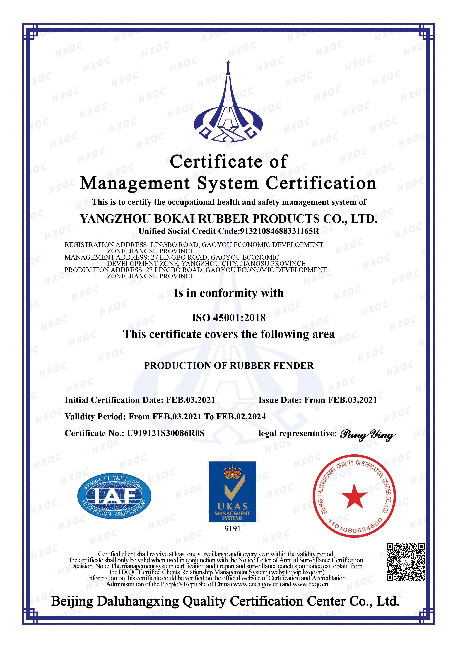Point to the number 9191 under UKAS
[x=233, y=529]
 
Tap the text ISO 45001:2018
[x=229, y=318]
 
